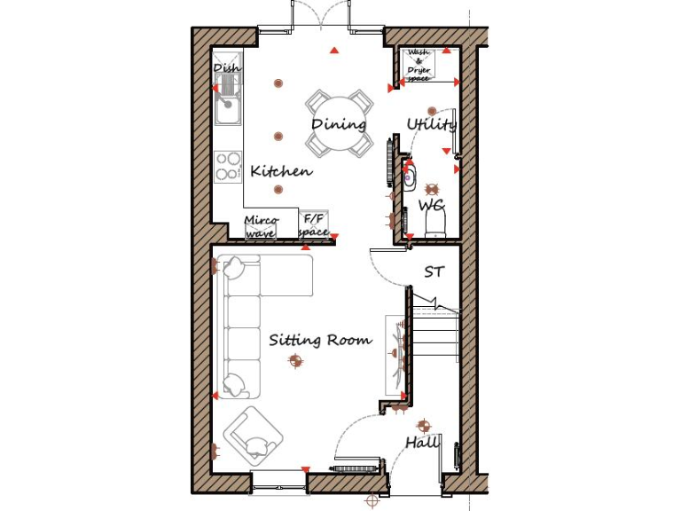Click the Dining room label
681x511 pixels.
[339, 124]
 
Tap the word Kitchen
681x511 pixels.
[280, 171]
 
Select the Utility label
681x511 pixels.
[431, 124]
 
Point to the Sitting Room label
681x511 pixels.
[320, 340]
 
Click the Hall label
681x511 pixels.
[422, 442]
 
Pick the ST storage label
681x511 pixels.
[434, 271]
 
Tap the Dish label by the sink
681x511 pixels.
[226, 68]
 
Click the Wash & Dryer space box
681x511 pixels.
[419, 66]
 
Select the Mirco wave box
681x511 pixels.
[261, 226]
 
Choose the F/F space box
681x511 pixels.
[315, 225]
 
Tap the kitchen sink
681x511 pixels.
[228, 106]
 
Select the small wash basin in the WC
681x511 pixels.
[410, 176]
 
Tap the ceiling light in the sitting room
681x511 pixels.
[294, 359]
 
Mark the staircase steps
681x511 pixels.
[434, 337]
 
